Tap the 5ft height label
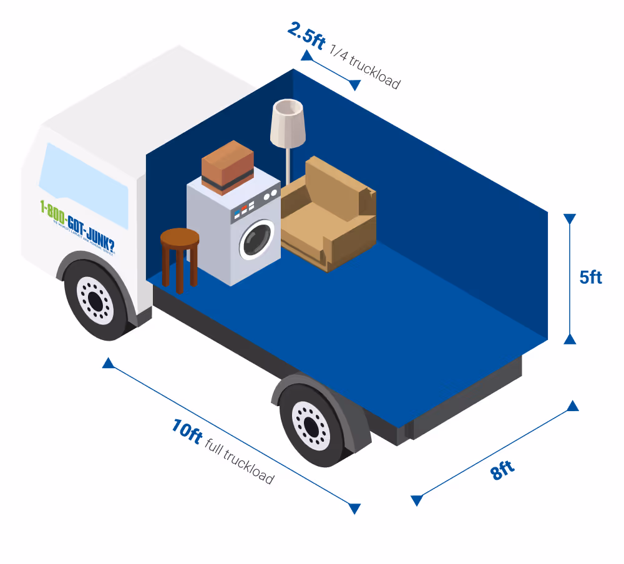pos(590,277)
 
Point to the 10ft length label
pos(186,431)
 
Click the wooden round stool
pos(180,250)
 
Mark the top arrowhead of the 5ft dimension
pos(569,219)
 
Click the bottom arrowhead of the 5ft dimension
pos(569,338)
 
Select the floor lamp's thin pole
pos(288,165)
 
